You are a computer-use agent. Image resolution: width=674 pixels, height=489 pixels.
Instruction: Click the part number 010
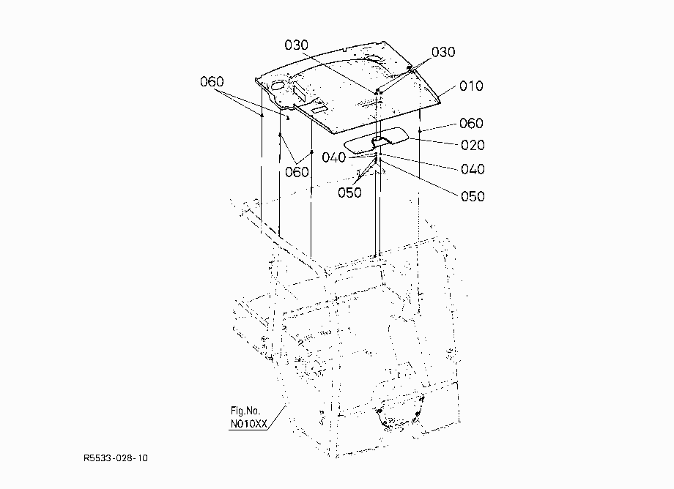coord(471,86)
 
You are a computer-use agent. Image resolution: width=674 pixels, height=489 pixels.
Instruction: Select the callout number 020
coord(473,145)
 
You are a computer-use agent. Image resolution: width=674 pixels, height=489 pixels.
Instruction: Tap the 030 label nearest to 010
coord(443,53)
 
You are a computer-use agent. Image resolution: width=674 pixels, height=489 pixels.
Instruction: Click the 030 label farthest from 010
coord(297,45)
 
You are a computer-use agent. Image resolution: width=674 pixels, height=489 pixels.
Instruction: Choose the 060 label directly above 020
coord(471,124)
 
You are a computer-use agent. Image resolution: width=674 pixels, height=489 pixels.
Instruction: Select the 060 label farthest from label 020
coord(212,81)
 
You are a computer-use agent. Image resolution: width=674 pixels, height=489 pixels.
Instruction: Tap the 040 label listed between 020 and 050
coord(473,169)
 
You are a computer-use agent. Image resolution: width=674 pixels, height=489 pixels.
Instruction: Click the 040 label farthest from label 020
coord(334,157)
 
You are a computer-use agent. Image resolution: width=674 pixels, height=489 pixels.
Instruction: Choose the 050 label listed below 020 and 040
coord(473,197)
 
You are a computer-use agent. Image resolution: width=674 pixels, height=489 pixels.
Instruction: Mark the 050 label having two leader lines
coord(349,193)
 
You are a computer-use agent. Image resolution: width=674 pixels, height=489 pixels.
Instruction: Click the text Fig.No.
coord(245,411)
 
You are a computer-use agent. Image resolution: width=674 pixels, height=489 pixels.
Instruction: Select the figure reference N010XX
coord(249,424)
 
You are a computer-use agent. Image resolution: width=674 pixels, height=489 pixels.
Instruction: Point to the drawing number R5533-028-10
coord(116,458)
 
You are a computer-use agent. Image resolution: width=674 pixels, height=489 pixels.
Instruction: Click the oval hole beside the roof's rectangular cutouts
coord(278,86)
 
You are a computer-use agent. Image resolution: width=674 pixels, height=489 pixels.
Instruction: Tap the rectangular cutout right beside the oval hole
coord(298,91)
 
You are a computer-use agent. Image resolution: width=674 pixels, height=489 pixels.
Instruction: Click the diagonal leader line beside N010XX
coord(277,417)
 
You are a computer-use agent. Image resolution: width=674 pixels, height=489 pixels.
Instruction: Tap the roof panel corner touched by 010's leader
coord(440,102)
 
